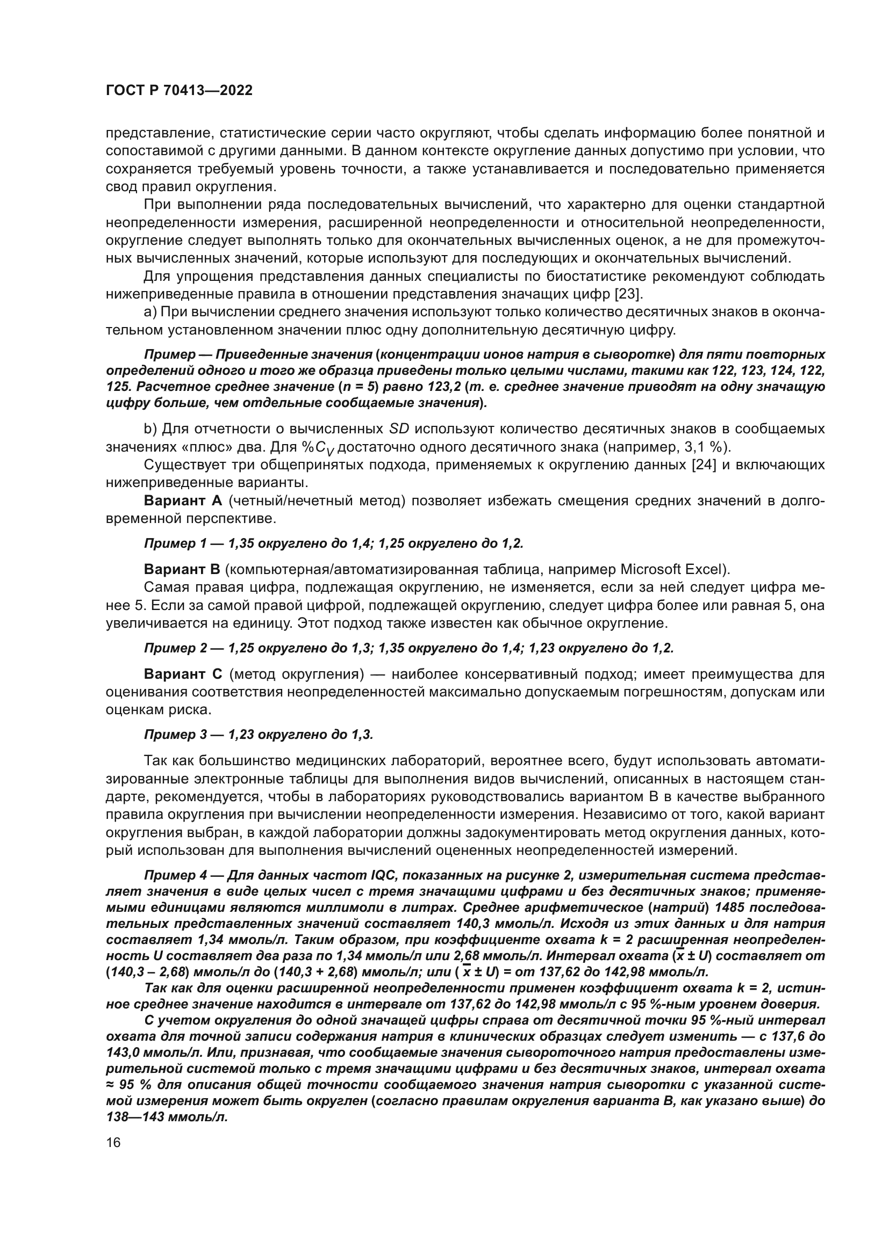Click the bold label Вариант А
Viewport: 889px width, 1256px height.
click(183, 500)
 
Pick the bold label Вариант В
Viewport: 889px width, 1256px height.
click(182, 569)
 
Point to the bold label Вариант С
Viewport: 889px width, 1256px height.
click(183, 674)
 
